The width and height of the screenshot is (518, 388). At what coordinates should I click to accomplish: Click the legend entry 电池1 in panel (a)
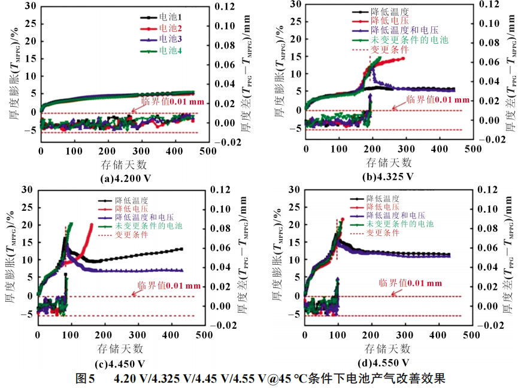[x=172, y=18]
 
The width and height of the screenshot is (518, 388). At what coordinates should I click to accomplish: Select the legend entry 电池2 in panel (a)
[x=172, y=29]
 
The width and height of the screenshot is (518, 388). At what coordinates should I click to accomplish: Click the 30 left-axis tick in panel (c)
[x=27, y=190]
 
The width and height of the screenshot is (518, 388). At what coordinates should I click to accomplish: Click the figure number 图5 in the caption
[x=86, y=379]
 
